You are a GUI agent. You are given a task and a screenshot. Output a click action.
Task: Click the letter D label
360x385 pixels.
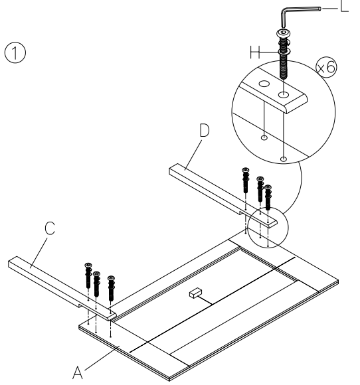203,131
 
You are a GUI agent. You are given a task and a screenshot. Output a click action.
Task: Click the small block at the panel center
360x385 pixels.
194,291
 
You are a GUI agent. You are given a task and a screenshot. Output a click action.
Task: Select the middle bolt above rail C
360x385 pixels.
96,281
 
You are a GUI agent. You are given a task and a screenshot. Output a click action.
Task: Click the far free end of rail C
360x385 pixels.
15,264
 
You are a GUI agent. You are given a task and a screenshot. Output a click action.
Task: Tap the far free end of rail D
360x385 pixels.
174,170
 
